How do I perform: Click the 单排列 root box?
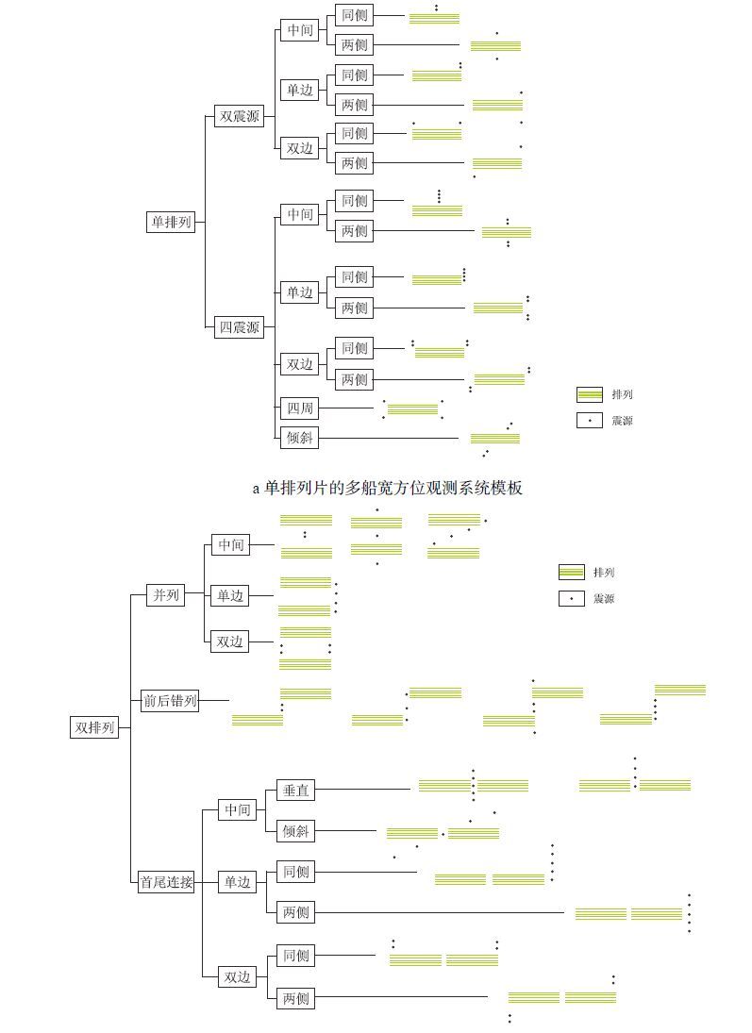tap(171, 223)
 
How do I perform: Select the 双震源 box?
tap(239, 117)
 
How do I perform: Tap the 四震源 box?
tap(239, 327)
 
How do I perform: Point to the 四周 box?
tap(300, 408)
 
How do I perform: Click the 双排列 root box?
tap(94, 727)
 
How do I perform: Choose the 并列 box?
tap(165, 595)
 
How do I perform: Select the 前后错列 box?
tap(170, 700)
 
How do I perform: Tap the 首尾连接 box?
tap(166, 882)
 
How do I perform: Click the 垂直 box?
tap(295, 790)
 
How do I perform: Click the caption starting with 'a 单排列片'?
tap(387, 488)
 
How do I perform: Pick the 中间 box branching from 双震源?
tap(300, 30)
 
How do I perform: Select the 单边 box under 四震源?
tap(300, 292)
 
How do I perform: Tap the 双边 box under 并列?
tap(230, 641)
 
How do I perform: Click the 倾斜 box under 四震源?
tap(300, 438)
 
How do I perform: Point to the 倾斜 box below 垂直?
tap(295, 831)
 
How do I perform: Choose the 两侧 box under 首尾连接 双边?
tap(295, 997)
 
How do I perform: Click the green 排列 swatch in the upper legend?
tap(590, 394)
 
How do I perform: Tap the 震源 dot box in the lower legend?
tap(572, 598)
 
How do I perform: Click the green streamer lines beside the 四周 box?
tap(412, 409)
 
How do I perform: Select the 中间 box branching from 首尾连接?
tap(238, 809)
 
